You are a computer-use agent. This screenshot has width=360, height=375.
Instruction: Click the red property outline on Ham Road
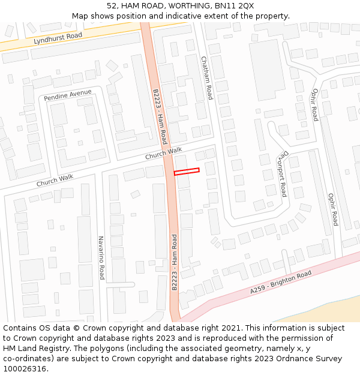click(187, 172)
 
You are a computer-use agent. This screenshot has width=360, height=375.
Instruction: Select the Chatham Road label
click(206, 78)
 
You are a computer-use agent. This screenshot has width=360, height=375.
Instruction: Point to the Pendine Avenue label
click(68, 95)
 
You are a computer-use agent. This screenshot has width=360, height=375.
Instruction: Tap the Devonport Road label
click(281, 172)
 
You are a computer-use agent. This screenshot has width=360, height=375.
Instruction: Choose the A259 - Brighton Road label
click(281, 282)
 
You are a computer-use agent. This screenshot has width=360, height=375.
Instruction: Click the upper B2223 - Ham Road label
click(160, 117)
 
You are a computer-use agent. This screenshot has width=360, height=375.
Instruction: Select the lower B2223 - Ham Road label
click(175, 262)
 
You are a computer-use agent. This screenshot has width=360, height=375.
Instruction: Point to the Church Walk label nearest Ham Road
click(163, 154)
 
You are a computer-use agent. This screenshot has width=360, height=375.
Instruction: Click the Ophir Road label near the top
click(314, 103)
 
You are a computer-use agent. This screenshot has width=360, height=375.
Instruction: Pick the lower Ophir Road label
click(332, 209)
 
